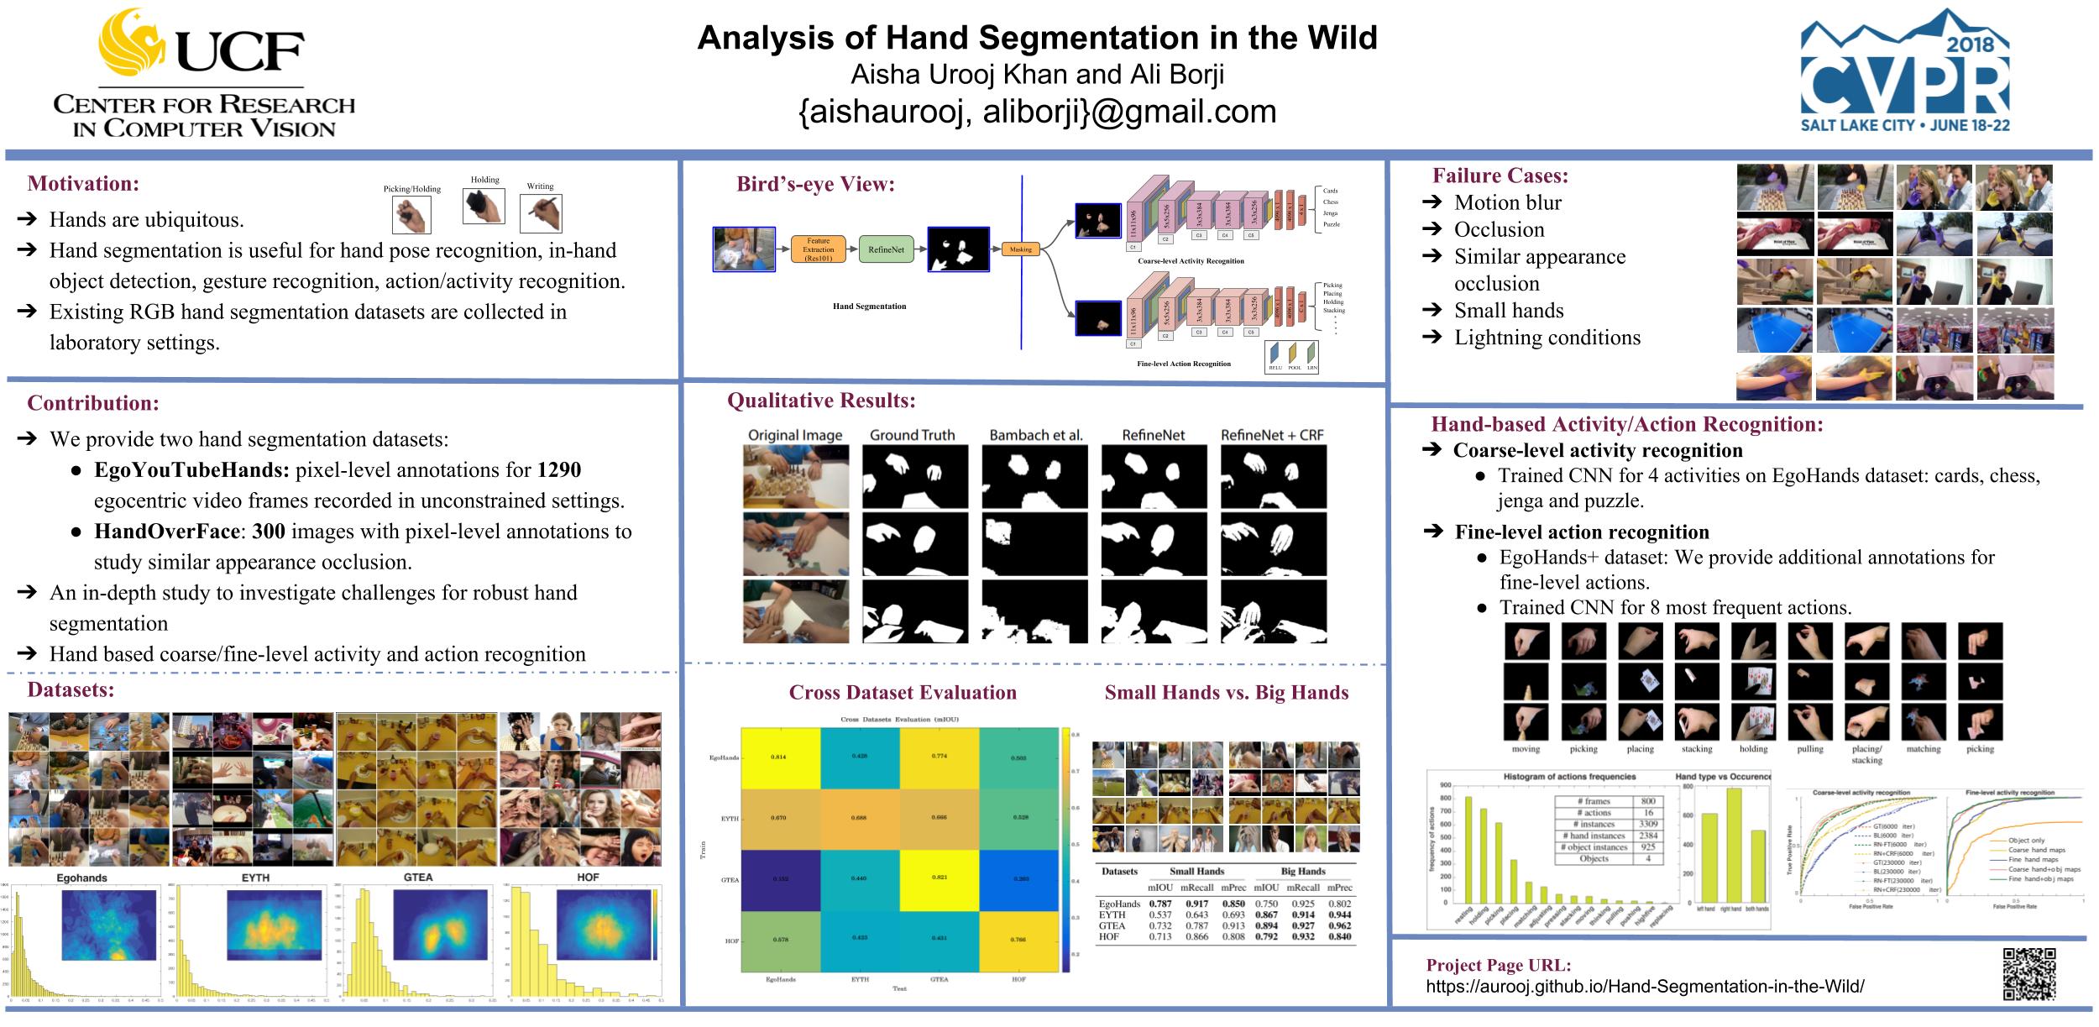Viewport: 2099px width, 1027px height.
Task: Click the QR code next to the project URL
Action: click(2029, 974)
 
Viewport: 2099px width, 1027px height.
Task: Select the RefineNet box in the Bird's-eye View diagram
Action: click(886, 249)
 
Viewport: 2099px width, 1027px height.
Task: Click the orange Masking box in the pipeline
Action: click(1020, 249)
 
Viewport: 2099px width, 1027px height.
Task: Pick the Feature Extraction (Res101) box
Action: click(818, 249)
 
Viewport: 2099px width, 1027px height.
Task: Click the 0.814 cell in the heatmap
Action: click(780, 757)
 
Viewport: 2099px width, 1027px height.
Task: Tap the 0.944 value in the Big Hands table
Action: click(1340, 914)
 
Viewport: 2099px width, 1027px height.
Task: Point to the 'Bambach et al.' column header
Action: click(1035, 435)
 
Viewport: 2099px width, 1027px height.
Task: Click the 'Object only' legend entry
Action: click(2025, 841)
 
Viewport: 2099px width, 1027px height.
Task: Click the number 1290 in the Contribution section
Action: click(559, 470)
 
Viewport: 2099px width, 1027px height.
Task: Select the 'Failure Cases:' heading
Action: click(1500, 176)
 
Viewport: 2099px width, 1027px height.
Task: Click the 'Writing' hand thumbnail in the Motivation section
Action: click(541, 214)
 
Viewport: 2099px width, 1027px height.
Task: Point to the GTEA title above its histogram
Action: click(417, 877)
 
